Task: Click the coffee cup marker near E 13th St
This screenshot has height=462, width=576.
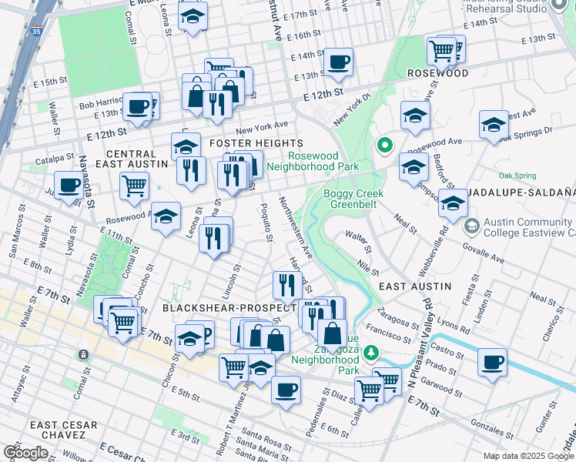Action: tap(337, 62)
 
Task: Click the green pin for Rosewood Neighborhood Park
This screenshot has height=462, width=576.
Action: tap(383, 145)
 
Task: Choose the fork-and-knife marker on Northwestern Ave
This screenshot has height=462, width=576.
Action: tap(286, 286)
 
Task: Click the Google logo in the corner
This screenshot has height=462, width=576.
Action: tap(25, 452)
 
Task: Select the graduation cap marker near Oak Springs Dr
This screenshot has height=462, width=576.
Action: tap(494, 124)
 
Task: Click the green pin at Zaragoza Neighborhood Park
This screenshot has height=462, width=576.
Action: tap(371, 353)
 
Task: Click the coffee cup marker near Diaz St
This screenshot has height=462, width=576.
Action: tap(286, 388)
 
